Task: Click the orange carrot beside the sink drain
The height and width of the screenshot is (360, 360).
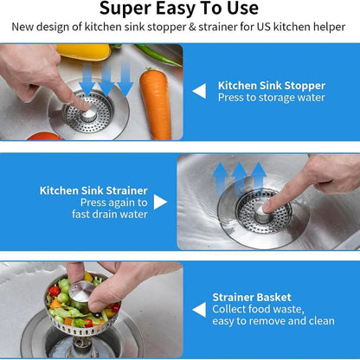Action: coord(156,105)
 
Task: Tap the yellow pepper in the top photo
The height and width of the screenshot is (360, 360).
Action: coord(84,52)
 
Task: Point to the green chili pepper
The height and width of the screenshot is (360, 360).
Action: coord(157,55)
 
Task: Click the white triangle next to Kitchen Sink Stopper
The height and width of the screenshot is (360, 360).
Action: coord(199,91)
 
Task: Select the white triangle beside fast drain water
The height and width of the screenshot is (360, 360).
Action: coord(160,202)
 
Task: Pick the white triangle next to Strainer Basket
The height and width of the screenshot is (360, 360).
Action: coord(199,310)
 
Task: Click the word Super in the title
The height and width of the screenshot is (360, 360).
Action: coord(125,9)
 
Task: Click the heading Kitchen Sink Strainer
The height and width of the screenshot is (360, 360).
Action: coord(93,190)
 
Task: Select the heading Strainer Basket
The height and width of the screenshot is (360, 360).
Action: coord(252,298)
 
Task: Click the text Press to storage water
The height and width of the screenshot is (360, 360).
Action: coord(272,98)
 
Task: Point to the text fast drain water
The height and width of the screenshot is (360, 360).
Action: coord(110,215)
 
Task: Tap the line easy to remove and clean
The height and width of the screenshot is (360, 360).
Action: coord(273,321)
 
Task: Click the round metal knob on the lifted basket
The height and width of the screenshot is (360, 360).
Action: coord(81,291)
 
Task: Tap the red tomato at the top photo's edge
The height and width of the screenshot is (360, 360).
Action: coord(45,136)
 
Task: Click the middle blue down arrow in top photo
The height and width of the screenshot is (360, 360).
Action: coord(106,80)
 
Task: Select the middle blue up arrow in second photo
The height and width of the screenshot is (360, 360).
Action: coord(239,178)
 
